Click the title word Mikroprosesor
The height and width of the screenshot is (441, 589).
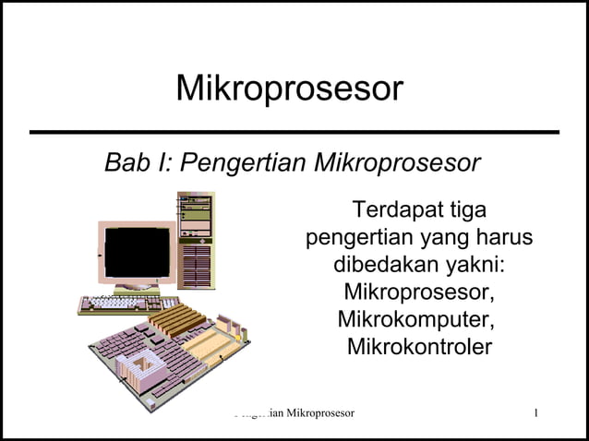pyautogui.click(x=289, y=89)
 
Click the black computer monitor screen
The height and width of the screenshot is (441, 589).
pyautogui.click(x=137, y=252)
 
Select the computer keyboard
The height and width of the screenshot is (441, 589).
pyautogui.click(x=128, y=304)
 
